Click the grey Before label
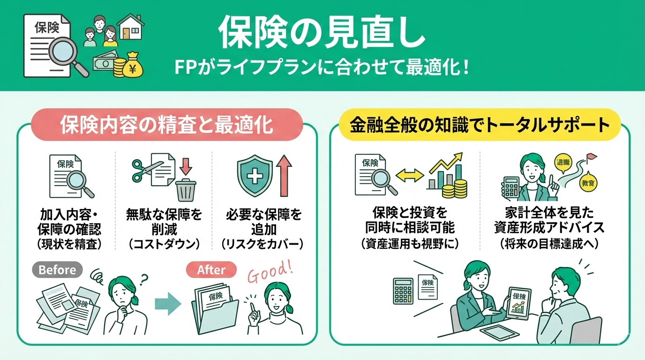(x=57, y=270)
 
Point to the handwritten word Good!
(x=269, y=271)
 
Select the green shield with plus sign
(x=255, y=177)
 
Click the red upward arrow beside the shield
(x=284, y=176)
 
